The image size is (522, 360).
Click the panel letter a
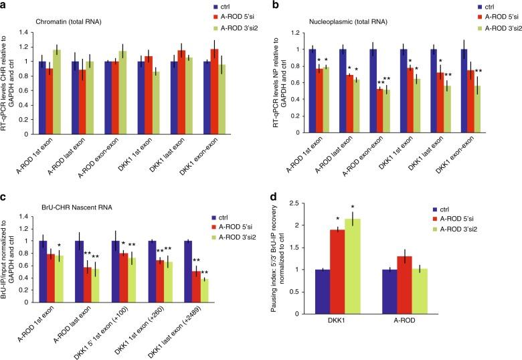click(x=5, y=5)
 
